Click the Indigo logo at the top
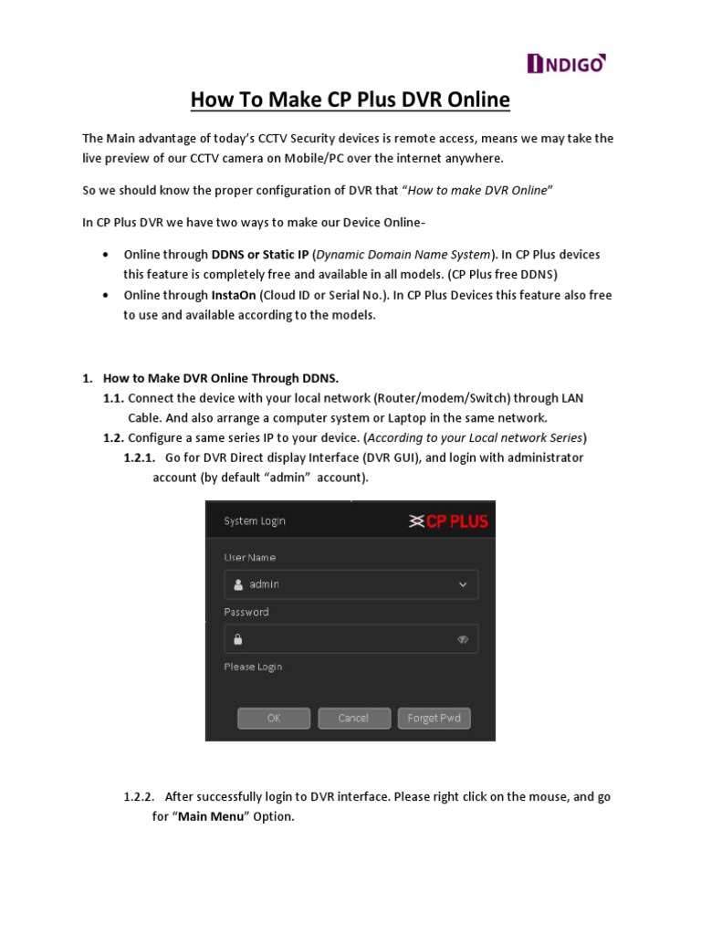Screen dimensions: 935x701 click(567, 63)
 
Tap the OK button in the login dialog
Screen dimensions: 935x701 click(274, 719)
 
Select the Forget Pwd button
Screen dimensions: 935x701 click(434, 719)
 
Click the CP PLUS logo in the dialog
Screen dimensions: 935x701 click(448, 521)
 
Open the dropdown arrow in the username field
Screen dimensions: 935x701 click(463, 584)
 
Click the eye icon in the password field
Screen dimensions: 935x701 click(463, 639)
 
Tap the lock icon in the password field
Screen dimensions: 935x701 click(238, 639)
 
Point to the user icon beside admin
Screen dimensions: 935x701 click(238, 584)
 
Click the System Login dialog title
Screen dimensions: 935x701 click(255, 521)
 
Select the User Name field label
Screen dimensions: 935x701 click(249, 557)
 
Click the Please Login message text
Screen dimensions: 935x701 click(253, 667)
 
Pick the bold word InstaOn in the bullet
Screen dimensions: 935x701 click(234, 295)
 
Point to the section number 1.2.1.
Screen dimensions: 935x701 click(139, 457)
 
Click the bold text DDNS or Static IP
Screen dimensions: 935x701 click(260, 254)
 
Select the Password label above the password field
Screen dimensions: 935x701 click(246, 612)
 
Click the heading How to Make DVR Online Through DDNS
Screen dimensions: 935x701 click(221, 377)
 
